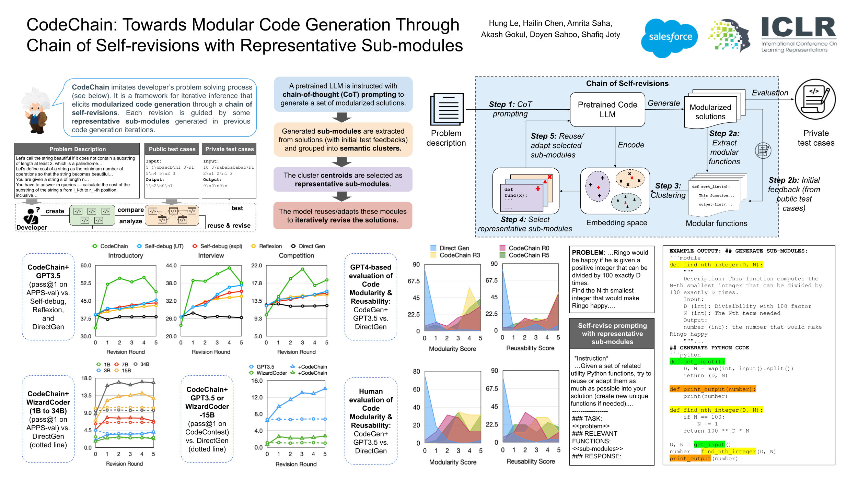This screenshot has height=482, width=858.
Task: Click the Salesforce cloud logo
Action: pos(669,37)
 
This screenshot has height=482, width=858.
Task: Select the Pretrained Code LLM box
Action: pos(607,110)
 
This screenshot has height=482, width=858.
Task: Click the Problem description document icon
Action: pos(447,109)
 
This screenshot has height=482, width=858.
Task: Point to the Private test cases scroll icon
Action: pos(815,99)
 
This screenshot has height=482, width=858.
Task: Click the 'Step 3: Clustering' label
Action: pos(668,190)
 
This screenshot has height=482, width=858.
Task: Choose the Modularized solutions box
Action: pos(710,112)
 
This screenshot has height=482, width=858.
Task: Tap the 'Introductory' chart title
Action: pos(125,255)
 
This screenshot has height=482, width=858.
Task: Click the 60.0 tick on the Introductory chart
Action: pos(85,265)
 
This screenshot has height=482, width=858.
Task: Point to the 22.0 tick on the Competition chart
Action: pos(256,265)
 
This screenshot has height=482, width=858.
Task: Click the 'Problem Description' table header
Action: pos(77,149)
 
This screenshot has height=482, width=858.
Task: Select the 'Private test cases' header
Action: pos(229,149)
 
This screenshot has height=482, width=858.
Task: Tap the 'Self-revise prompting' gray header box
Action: pos(612,334)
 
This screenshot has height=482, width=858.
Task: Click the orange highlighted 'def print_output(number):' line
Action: pos(712,389)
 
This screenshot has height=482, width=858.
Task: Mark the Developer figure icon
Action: pos(31,216)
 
